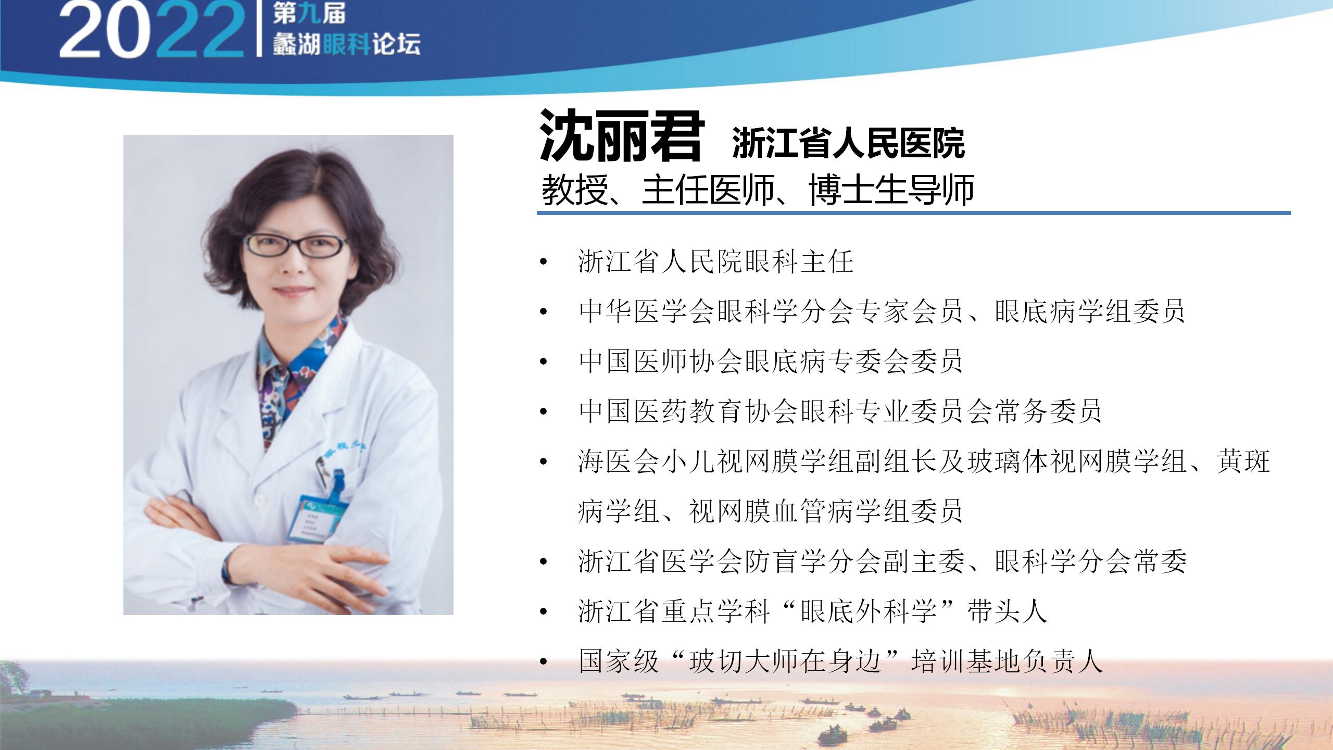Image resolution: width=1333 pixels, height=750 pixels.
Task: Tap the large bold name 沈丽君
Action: click(x=622, y=135)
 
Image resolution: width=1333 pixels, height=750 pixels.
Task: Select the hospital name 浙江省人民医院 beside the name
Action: click(x=849, y=143)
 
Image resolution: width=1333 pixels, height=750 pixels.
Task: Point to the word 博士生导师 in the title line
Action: click(x=891, y=190)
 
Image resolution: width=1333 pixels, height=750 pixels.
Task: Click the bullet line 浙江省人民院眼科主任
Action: click(x=715, y=261)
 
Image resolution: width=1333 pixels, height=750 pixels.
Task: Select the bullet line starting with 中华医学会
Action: click(x=881, y=311)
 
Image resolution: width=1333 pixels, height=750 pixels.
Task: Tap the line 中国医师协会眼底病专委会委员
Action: click(x=771, y=361)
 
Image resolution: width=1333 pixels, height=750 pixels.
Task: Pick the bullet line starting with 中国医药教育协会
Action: click(x=839, y=411)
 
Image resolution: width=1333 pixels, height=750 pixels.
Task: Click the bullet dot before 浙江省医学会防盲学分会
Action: click(x=544, y=562)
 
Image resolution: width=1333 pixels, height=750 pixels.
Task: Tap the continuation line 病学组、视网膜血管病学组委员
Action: click(x=770, y=511)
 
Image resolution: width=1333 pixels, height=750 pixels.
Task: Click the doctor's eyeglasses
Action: click(x=296, y=245)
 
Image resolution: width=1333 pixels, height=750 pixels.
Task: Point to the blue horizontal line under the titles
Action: click(x=914, y=213)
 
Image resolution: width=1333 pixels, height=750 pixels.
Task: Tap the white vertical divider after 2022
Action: click(x=259, y=28)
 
